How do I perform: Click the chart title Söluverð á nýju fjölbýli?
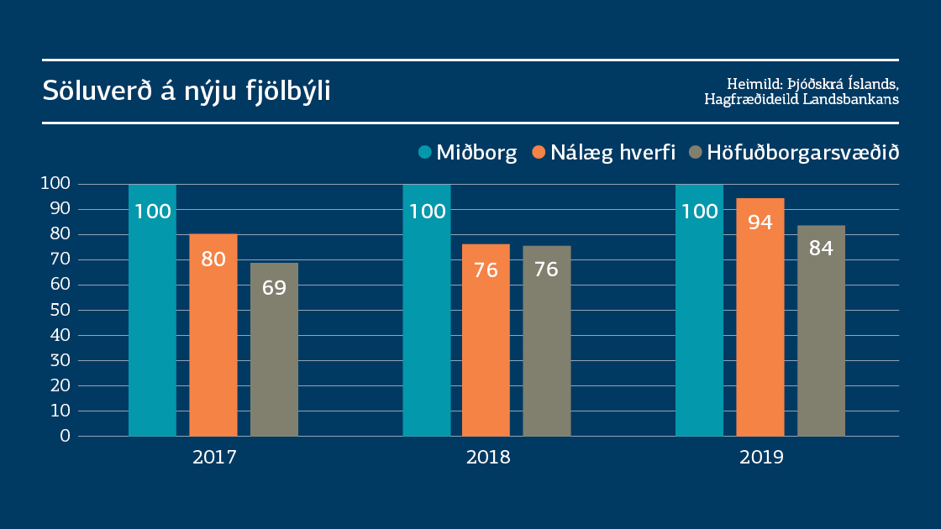click(187, 91)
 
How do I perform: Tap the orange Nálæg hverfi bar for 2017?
click(213, 336)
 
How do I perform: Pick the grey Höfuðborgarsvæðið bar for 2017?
click(274, 353)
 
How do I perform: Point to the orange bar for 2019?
click(760, 319)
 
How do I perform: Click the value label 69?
click(274, 287)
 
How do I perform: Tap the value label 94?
click(760, 223)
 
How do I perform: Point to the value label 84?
click(821, 249)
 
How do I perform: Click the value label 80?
click(213, 259)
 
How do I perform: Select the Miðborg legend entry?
click(467, 153)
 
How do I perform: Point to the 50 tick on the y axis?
click(60, 310)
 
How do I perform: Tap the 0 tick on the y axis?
click(65, 436)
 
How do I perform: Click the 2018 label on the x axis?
click(487, 458)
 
